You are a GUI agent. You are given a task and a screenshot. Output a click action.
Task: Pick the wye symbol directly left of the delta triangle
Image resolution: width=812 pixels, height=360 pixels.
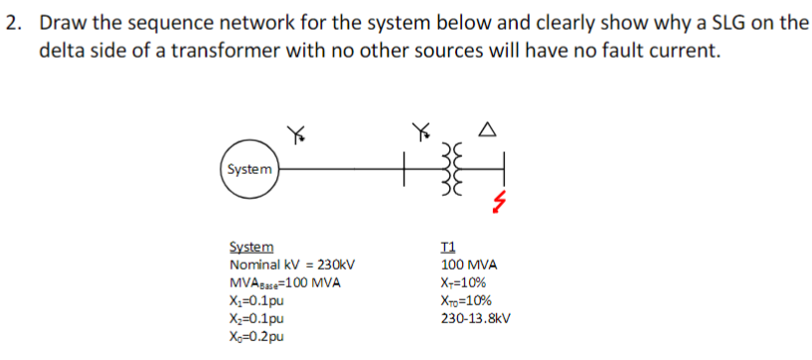point(422,129)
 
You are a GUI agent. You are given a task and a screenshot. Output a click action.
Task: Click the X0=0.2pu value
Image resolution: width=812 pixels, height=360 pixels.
point(256,337)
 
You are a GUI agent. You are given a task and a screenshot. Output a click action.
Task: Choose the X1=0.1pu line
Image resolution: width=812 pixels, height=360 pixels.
point(256,300)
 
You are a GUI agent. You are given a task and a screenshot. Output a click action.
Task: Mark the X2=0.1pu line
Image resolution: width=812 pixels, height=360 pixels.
point(256,318)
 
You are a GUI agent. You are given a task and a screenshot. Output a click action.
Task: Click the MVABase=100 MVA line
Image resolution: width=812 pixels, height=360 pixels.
point(285,282)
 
